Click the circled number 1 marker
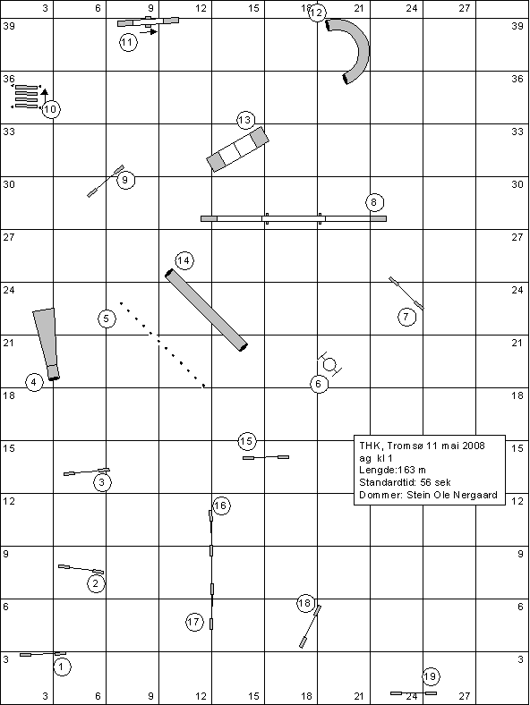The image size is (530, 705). [x=62, y=667]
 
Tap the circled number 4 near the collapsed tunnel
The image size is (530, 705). [x=34, y=383]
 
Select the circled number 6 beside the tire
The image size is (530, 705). [x=319, y=384]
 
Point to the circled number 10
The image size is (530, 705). [x=51, y=109]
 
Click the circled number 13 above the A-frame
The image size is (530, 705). [x=244, y=121]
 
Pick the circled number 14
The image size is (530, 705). [x=184, y=260]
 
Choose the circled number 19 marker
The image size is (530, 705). [x=431, y=676]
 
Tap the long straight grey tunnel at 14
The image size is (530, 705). [x=206, y=310]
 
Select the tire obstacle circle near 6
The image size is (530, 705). [x=329, y=364]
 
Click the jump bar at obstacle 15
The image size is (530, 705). [x=266, y=457]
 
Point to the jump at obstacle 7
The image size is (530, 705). [x=406, y=293]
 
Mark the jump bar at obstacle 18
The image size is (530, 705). [x=310, y=627]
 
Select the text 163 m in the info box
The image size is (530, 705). [x=412, y=470]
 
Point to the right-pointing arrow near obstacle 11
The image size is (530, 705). [x=149, y=31]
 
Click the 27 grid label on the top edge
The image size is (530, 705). [x=465, y=8]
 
